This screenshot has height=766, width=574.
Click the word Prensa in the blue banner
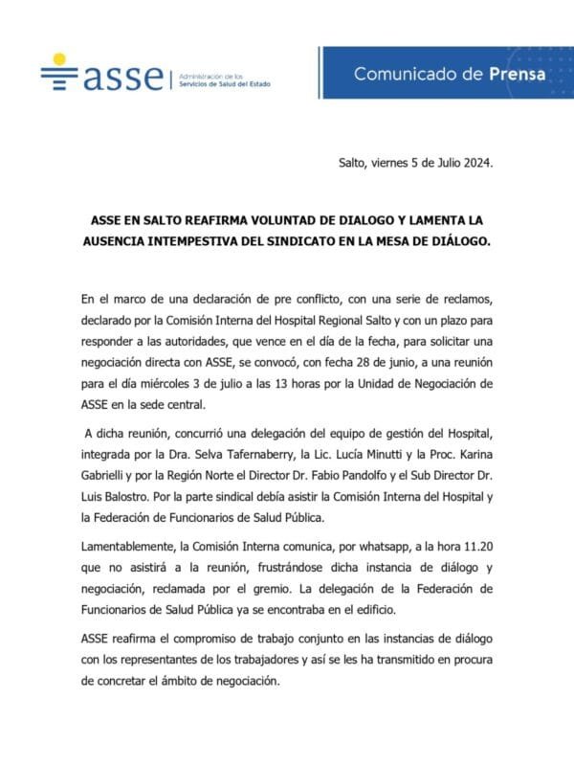pyautogui.click(x=517, y=74)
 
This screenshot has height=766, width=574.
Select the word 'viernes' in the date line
pyautogui.click(x=393, y=164)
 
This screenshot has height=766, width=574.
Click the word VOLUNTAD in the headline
pyautogui.click(x=270, y=219)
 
